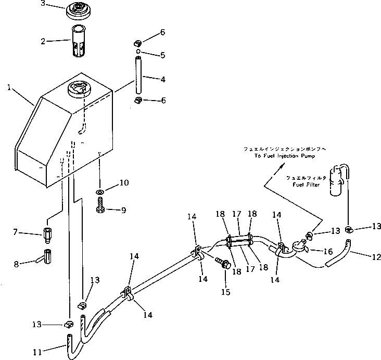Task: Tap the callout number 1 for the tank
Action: coord(9,88)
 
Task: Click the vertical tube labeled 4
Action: coord(138,78)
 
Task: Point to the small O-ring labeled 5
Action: coord(137,52)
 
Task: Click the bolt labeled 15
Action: coord(224,264)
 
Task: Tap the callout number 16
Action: coord(327,251)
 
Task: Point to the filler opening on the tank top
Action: coord(78,90)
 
